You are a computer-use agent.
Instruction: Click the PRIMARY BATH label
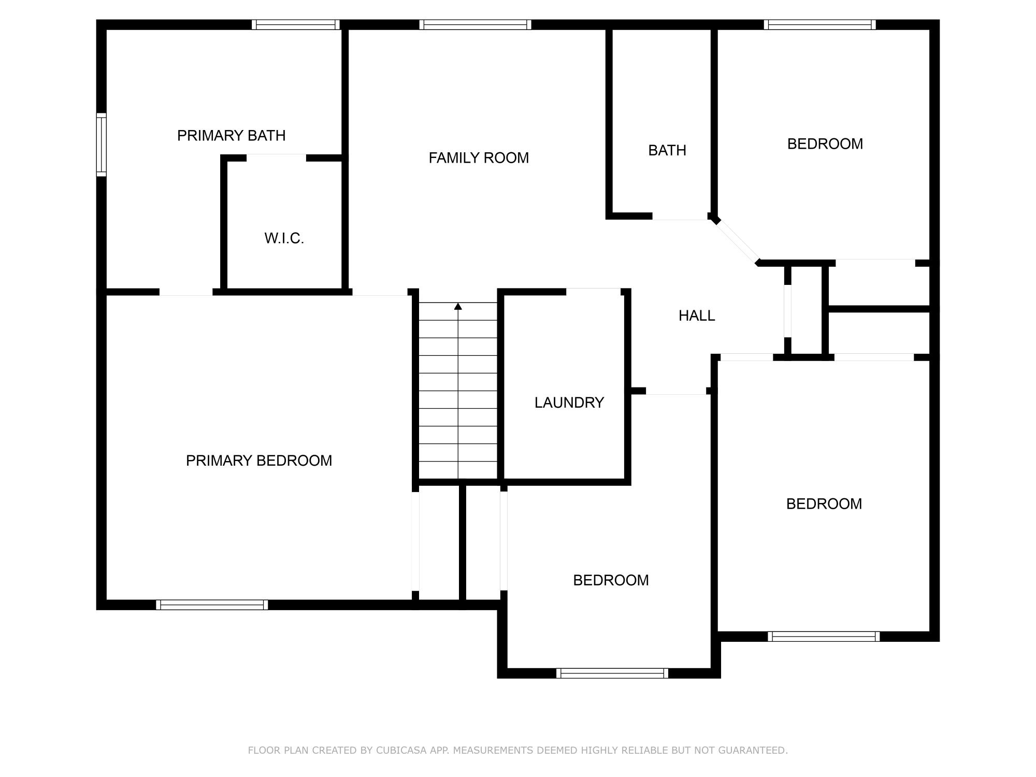pos(231,136)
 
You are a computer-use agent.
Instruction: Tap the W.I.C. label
pos(284,238)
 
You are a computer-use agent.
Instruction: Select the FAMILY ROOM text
pos(479,158)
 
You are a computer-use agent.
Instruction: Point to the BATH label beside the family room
pos(667,150)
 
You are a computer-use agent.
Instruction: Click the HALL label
pos(697,315)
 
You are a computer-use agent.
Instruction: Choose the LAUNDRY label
pos(569,402)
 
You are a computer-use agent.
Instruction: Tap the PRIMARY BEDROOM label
pos(259,461)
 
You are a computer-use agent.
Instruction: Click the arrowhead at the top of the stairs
pos(458,307)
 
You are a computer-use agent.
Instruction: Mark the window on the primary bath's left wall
pos(102,145)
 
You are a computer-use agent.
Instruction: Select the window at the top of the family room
pos(475,24)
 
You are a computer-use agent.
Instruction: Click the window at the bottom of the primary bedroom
pos(212,605)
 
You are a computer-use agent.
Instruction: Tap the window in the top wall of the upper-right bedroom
pos(819,24)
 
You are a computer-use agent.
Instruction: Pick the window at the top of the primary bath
pos(296,24)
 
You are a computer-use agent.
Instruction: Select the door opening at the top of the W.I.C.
pos(276,157)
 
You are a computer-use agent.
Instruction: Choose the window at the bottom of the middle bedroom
pos(612,673)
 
